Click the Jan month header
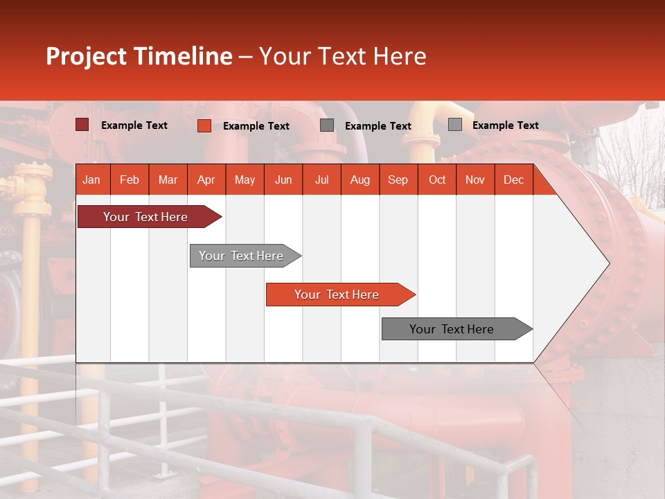(91, 180)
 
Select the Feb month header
(130, 180)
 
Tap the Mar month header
(168, 180)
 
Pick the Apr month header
(206, 180)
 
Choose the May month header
(245, 180)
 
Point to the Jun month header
(283, 180)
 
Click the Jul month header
(321, 180)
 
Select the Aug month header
(360, 180)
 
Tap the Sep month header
(398, 180)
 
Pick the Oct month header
(437, 180)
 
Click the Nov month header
(475, 180)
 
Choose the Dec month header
(513, 180)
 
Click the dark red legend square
(82, 125)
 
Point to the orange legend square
(204, 125)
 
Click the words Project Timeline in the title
(139, 56)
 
